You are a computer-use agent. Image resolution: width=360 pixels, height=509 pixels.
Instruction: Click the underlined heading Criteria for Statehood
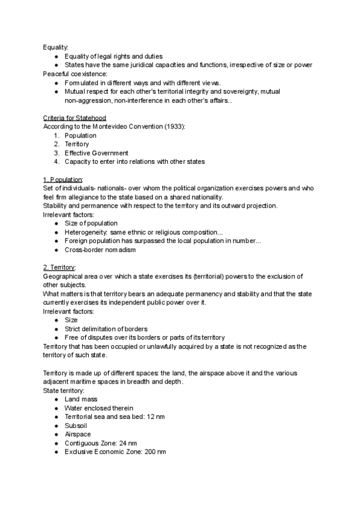click(x=74, y=118)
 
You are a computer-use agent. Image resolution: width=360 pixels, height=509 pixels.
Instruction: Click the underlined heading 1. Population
click(x=63, y=179)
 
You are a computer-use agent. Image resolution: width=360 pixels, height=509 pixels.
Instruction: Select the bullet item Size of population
click(x=91, y=223)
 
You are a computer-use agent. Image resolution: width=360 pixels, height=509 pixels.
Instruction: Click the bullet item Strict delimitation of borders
click(x=107, y=328)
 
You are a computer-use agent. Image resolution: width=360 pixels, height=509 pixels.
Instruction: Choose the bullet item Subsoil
click(x=76, y=426)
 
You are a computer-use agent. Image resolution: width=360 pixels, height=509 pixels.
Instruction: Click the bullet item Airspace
click(x=77, y=434)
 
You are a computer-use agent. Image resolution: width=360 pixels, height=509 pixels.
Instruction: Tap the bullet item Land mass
click(x=81, y=399)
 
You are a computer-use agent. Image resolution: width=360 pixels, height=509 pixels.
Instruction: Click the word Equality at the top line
click(x=55, y=47)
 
